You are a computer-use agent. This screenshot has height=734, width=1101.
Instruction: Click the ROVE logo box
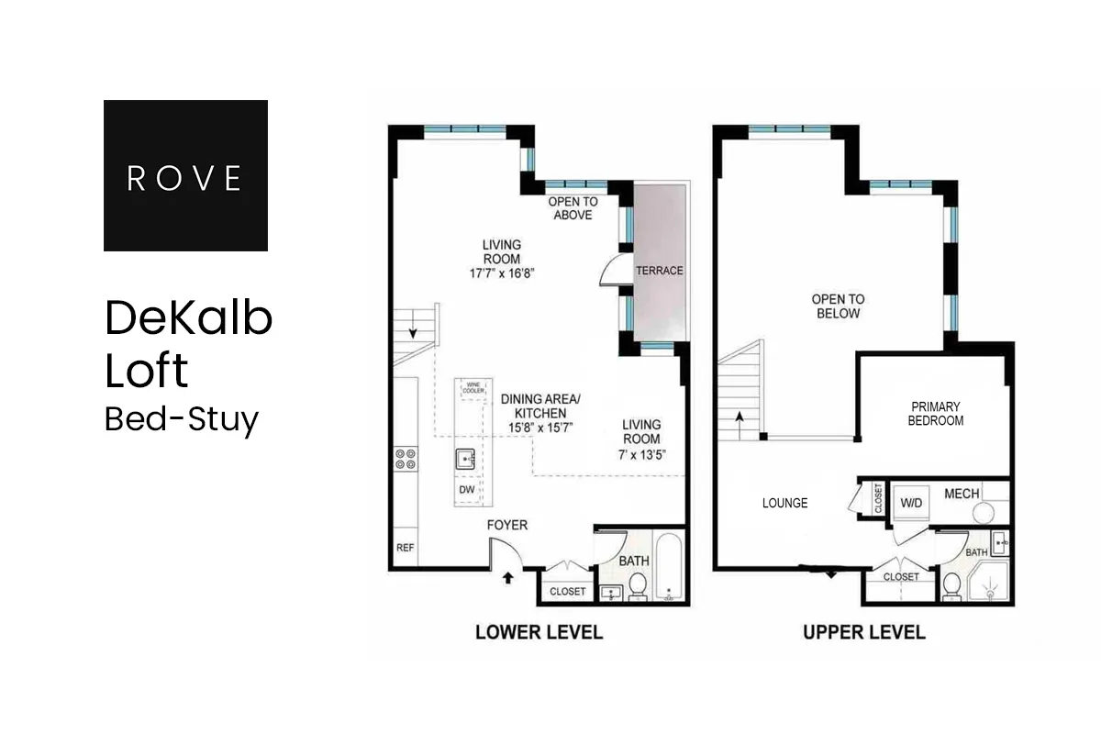coord(185,175)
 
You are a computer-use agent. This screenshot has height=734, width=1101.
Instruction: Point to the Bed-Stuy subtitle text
coord(182,418)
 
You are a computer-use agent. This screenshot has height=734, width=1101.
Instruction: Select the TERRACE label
coord(660,271)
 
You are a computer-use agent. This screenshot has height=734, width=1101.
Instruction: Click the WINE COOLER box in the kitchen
coord(473,389)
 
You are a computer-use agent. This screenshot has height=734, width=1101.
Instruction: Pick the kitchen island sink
coord(466,458)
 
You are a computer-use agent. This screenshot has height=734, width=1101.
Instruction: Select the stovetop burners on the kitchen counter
coord(406,459)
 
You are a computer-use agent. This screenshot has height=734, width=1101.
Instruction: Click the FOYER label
coord(506,525)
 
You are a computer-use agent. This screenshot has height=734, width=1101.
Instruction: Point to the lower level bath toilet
coord(636,584)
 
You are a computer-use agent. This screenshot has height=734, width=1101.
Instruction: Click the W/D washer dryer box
coord(911,503)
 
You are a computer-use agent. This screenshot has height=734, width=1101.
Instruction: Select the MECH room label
coord(962,494)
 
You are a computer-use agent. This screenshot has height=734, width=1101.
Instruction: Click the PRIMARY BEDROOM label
coord(936,414)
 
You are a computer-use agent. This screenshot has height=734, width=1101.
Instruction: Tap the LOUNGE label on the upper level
coord(785,503)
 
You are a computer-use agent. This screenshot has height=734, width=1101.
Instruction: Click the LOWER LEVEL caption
coord(539,632)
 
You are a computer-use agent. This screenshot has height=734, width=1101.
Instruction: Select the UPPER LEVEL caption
coord(863,632)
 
